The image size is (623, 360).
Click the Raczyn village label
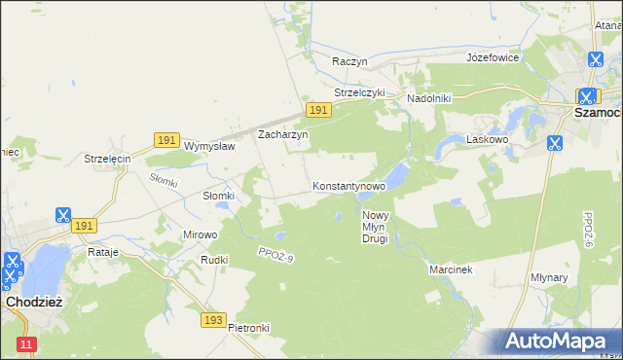tap(348, 61)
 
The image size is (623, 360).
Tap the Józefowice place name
tap(493, 57)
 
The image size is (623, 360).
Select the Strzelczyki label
tap(360, 92)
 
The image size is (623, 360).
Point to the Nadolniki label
tap(428, 98)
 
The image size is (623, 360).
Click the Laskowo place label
tap(489, 139)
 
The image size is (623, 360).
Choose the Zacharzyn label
tap(282, 135)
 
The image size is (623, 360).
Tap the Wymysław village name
tap(210, 146)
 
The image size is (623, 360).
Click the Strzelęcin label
tap(107, 159)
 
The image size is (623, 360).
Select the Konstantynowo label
tap(349, 185)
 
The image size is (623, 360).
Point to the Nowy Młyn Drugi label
tap(375, 227)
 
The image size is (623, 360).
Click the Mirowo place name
tap(201, 234)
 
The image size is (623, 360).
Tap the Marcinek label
tap(450, 270)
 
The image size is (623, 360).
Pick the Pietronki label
tap(248, 328)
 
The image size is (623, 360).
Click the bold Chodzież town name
tap(34, 303)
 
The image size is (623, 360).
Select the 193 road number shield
tap(215, 319)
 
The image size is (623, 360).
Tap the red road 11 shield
tap(26, 344)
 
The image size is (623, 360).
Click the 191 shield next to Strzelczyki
tap(318, 111)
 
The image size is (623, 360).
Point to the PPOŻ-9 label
tap(275, 255)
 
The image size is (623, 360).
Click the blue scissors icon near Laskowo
tap(554, 143)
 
